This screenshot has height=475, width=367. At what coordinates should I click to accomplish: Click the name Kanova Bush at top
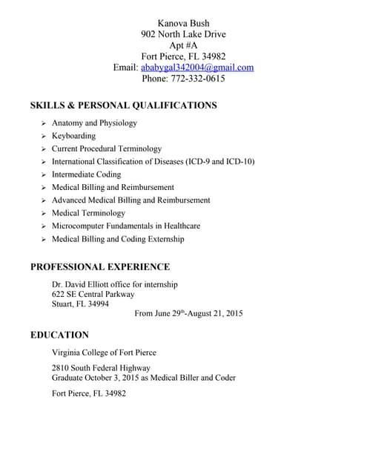(x=183, y=23)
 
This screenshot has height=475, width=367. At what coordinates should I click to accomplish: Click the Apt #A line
(x=183, y=45)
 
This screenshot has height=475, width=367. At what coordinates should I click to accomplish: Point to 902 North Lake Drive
(x=183, y=34)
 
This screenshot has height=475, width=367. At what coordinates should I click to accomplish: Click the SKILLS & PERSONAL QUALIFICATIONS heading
(x=123, y=105)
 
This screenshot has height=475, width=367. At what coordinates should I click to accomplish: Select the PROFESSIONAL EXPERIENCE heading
(x=100, y=267)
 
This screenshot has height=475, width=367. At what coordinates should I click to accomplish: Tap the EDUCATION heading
(x=59, y=335)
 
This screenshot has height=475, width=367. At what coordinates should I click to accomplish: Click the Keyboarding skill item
(x=73, y=136)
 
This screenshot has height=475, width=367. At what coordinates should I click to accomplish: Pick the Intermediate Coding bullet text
(x=86, y=174)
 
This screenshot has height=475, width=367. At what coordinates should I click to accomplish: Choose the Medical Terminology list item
(x=88, y=213)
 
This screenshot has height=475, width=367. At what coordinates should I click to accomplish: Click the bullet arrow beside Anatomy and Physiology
(x=44, y=123)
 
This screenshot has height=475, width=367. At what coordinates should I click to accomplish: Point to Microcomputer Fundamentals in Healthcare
(x=125, y=226)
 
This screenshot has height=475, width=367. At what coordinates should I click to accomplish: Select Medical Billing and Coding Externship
(x=118, y=239)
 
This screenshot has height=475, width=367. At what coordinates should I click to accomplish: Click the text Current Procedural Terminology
(x=106, y=148)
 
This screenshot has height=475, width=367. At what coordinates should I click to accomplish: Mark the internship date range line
(x=188, y=314)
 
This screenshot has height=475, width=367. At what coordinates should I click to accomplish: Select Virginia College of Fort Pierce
(x=104, y=353)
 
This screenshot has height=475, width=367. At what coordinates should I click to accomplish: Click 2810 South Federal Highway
(x=101, y=367)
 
